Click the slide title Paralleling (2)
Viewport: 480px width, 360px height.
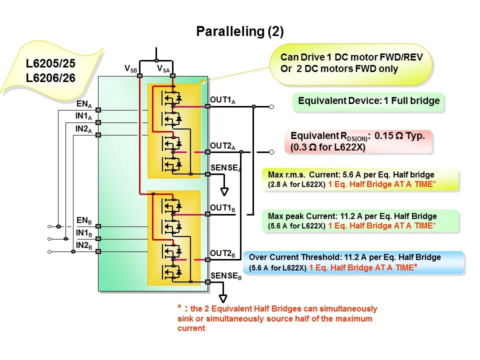coord(239,32)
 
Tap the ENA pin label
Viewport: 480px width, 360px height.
coord(83,105)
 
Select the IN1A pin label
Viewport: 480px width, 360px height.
coord(83,117)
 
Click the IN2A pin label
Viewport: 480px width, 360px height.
coord(83,129)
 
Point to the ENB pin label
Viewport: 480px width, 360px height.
coord(83,220)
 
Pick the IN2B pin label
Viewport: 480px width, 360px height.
coord(83,245)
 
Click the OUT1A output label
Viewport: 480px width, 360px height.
coord(222,101)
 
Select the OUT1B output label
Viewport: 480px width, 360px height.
coord(222,208)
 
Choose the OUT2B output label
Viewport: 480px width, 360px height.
coord(222,254)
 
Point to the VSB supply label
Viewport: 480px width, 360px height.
coord(130,68)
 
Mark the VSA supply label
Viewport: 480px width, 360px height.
coord(163,68)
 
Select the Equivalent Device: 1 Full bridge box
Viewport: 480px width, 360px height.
coord(368,101)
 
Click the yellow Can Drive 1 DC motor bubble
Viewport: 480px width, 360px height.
coord(351,63)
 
